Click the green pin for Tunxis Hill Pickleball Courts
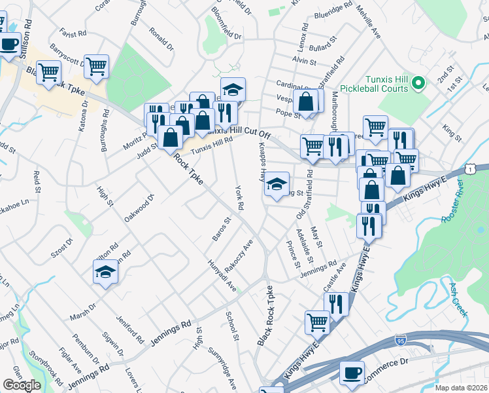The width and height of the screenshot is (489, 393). coord(419,83)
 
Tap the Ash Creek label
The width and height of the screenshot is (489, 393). coord(458,299)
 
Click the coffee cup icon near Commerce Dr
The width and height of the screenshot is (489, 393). coord(352,373)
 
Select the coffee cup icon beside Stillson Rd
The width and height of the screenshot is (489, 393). coord(8,45)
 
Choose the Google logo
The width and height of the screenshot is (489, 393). coord(22,385)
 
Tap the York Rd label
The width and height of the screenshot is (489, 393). coord(239,197)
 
